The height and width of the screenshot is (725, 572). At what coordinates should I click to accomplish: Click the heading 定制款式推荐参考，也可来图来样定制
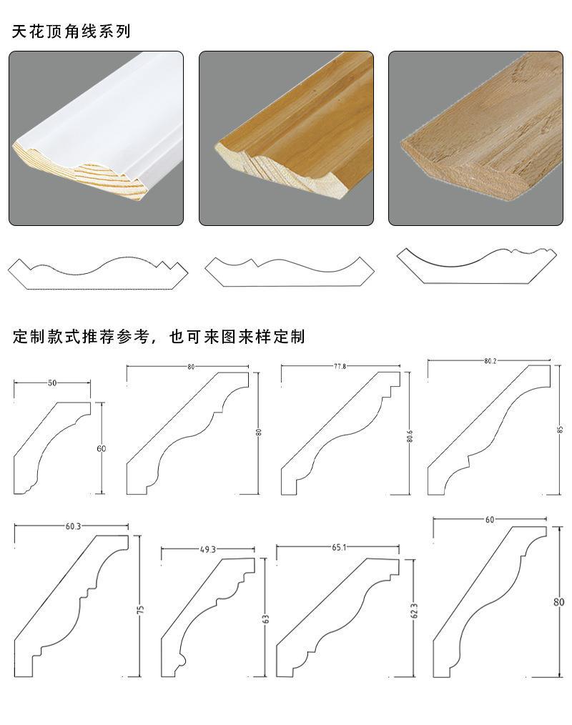tap(159, 336)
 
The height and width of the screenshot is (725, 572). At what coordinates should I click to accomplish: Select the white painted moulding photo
tap(96, 138)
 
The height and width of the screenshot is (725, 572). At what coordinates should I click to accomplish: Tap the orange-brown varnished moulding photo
tap(286, 138)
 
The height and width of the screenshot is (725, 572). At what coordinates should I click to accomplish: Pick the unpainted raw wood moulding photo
tap(475, 138)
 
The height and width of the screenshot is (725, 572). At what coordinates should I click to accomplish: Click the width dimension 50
tap(52, 383)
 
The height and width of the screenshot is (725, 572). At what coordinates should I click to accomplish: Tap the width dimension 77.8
tap(340, 366)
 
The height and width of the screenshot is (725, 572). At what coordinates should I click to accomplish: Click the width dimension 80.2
tap(490, 361)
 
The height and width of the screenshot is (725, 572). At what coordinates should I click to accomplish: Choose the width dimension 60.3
tap(73, 526)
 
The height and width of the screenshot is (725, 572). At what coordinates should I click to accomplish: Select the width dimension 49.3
tap(207, 549)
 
